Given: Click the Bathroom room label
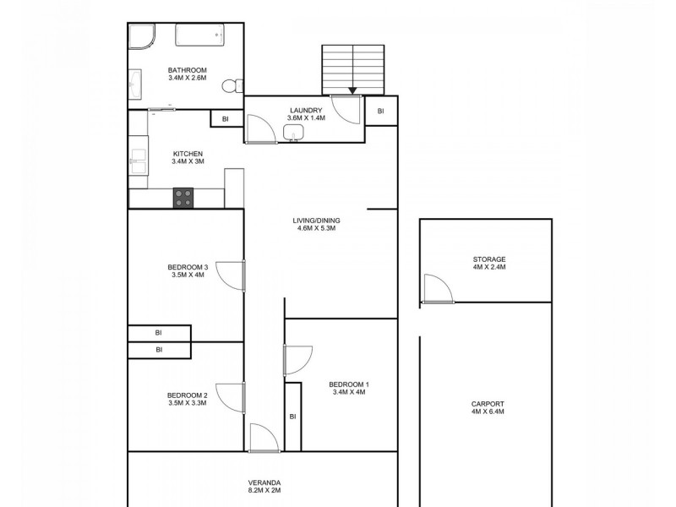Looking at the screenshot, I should coord(187,70).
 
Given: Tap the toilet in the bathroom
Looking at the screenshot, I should coord(230,85).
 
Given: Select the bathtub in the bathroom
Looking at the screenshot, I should coord(200,36).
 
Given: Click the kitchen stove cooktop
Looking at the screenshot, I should coord(183,197).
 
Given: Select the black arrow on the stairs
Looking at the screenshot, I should coord(352,90).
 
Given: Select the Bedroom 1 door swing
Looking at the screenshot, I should coord(297,360).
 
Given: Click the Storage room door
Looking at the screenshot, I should coord(437,288).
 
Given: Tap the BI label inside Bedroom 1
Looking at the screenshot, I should coord(293,416).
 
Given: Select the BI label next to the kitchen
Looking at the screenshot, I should coord(226,119).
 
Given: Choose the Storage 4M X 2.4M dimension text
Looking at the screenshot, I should coord(489,267).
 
